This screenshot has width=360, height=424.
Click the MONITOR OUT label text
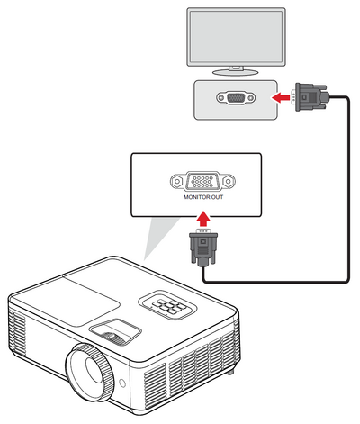[203, 197]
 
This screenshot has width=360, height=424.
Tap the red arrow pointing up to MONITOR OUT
[203, 219]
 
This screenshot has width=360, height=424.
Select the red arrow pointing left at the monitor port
[281, 97]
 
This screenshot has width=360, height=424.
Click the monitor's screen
[236, 37]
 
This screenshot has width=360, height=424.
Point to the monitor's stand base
[236, 72]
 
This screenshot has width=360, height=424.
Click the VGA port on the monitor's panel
[236, 98]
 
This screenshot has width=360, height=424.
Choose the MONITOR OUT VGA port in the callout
[202, 181]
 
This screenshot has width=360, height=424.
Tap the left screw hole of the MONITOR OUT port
[177, 181]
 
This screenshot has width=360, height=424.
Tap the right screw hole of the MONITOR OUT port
[229, 181]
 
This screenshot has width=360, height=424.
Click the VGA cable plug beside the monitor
[310, 97]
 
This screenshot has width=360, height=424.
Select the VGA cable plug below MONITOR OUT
[203, 247]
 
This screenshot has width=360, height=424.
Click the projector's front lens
[90, 373]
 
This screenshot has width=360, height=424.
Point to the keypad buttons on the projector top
[167, 305]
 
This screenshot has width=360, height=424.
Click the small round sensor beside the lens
[122, 383]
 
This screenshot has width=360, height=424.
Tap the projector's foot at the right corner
[230, 372]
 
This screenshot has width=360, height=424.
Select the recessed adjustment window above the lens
[115, 331]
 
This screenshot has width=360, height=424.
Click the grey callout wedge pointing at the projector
[160, 237]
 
